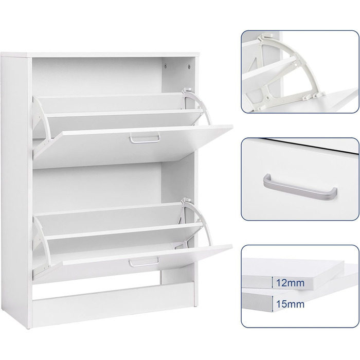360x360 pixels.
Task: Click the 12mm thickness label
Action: (x=290, y=283)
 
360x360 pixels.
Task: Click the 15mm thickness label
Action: (x=290, y=304)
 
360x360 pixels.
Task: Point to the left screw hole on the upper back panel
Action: (x=166, y=66)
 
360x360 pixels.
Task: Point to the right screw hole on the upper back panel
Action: (x=189, y=66)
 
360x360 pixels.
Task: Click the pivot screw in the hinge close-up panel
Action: (x=266, y=98)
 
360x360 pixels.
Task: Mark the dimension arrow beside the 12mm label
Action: (x=272, y=282)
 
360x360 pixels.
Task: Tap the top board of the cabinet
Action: (x=100, y=55)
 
